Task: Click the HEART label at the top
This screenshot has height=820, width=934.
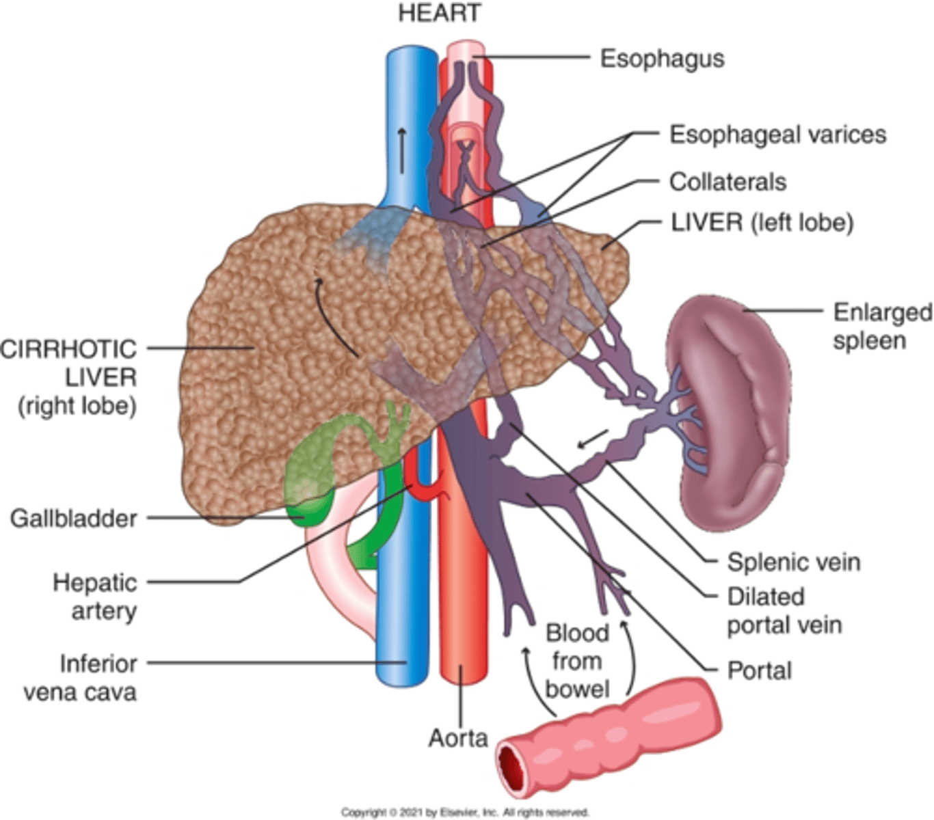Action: (x=440, y=13)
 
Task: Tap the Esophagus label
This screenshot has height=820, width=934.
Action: (x=662, y=59)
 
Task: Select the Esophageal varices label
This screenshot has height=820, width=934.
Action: (x=777, y=135)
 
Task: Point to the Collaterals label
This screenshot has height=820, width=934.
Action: (x=728, y=182)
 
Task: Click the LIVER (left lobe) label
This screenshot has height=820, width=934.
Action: (x=762, y=223)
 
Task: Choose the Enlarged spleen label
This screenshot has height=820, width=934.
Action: (x=881, y=326)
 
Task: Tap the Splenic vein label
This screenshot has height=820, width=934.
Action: (x=793, y=562)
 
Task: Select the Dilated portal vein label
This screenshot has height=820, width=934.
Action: (x=784, y=611)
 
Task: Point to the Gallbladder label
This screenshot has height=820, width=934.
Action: (x=74, y=518)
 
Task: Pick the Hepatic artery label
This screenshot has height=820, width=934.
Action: (x=95, y=597)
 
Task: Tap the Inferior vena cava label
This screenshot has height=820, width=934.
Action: (x=81, y=677)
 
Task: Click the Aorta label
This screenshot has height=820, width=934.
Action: (x=457, y=738)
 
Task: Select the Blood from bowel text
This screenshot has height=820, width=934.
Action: (x=577, y=661)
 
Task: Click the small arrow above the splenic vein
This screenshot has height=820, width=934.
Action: (x=592, y=439)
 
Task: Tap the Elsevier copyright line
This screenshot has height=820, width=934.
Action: (x=465, y=812)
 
